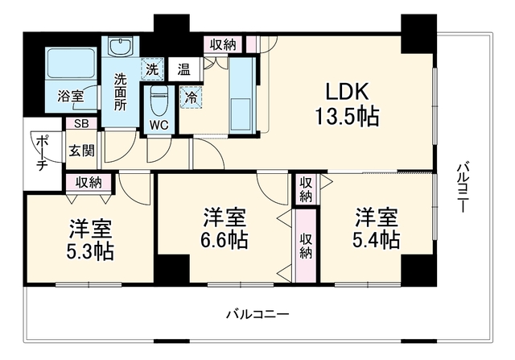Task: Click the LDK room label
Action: tap(347, 92)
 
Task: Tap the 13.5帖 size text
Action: tap(347, 116)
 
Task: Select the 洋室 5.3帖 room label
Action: tap(90, 240)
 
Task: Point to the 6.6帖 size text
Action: tap(225, 240)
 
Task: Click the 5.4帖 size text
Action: tap(377, 240)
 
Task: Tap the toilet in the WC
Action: tap(159, 101)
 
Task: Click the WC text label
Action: tap(159, 125)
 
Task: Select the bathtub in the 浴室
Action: tap(71, 63)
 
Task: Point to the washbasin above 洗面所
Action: tap(121, 46)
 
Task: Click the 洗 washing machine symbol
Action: tap(152, 68)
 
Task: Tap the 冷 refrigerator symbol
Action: tap(191, 97)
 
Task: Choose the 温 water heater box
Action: tap(184, 69)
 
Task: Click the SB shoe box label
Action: tap(81, 123)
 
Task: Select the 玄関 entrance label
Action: tap(82, 151)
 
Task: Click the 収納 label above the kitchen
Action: tap(224, 44)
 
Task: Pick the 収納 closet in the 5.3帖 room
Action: tap(89, 183)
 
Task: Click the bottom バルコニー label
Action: tap(257, 315)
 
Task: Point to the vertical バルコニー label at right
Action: tap(463, 187)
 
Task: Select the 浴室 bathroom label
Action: tap(71, 96)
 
